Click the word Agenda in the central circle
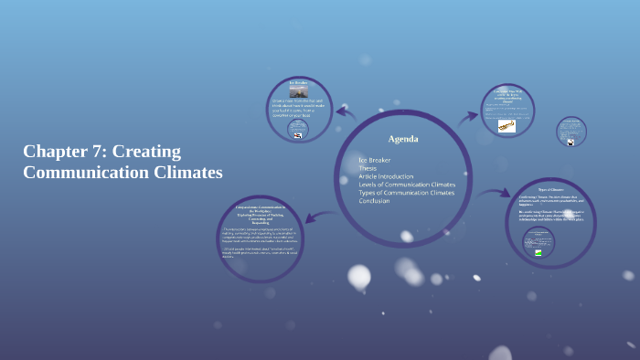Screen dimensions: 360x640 403,139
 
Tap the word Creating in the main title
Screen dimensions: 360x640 146,151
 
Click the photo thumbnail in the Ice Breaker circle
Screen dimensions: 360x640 299,91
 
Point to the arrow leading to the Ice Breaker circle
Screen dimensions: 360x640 346,114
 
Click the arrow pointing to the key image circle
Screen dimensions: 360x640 467,115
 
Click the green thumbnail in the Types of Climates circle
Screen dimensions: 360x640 539,253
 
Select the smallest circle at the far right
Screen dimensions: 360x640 571,131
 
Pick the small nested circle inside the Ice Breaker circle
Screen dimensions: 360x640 298,130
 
